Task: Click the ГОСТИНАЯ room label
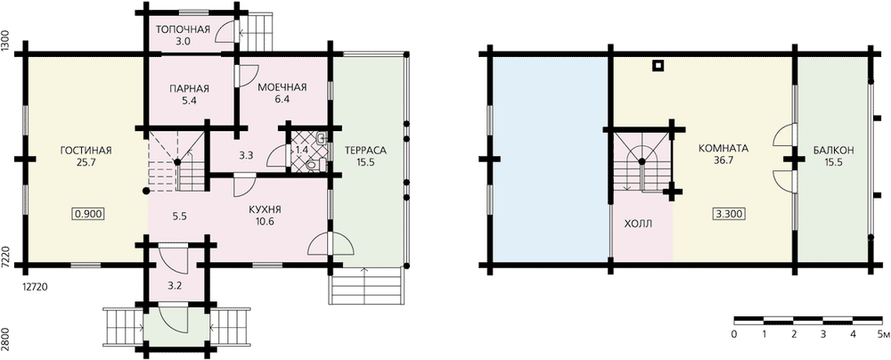86,150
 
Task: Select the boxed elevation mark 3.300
729,215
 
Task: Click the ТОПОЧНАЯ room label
183,29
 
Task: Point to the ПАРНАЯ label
189,88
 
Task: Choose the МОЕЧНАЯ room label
282,87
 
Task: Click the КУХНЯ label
265,210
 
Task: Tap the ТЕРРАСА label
365,150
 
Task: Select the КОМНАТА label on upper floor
723,148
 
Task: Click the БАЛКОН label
833,150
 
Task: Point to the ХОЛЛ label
638,224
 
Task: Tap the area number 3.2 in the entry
176,286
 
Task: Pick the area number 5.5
180,217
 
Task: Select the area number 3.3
246,153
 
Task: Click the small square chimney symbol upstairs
658,66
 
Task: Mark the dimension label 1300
5,41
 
